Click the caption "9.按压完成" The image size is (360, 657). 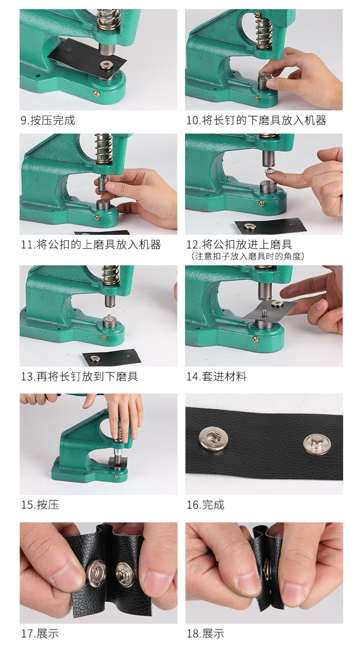click(x=48, y=120)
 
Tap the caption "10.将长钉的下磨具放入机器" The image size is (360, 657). click(x=256, y=120)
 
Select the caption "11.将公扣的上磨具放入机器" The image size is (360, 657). click(x=91, y=245)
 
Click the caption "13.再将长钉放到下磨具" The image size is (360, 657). click(x=79, y=376)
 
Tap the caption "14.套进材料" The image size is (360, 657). click(x=216, y=376)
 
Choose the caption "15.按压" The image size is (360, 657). click(x=40, y=505)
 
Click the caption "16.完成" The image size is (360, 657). click(x=205, y=505)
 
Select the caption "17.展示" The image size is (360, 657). click(x=40, y=634)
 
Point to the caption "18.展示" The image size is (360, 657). click(x=205, y=634)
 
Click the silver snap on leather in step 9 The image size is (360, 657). click(x=105, y=64)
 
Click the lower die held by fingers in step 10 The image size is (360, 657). click(x=264, y=80)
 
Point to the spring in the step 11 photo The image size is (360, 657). click(x=103, y=149)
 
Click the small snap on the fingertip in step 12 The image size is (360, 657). click(x=269, y=171)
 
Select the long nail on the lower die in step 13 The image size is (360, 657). click(x=109, y=317)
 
